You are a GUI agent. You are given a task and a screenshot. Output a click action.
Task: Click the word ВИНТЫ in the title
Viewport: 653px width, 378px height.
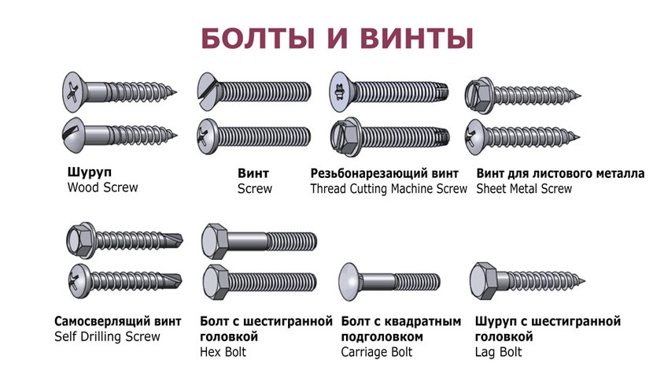416,39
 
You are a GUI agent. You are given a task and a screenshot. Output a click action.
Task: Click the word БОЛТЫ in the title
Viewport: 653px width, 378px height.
258,39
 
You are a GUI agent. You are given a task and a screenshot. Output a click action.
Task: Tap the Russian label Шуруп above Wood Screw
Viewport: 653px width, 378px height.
89,172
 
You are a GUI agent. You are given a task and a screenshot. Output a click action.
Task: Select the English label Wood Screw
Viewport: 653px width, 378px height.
102,187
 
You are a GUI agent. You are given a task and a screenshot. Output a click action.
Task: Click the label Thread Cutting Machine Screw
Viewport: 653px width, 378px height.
389,189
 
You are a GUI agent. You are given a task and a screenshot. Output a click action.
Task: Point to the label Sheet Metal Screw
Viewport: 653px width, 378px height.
524,189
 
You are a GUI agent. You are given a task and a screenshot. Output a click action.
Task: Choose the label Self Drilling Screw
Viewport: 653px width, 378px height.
107,336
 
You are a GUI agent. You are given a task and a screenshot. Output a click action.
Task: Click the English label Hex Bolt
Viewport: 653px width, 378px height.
223,352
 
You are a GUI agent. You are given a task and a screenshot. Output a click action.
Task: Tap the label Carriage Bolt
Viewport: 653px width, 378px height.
377,352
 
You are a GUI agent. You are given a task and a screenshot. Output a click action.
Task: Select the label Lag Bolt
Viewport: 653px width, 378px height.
498,352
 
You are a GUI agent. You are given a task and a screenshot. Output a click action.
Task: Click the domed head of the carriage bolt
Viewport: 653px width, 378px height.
349,282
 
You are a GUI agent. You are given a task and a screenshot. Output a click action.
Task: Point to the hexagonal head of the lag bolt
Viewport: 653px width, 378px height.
483,281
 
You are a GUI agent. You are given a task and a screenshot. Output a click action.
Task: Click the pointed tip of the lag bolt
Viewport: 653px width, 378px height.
585,281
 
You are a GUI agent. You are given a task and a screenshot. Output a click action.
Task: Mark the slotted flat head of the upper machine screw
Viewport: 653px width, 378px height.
208,91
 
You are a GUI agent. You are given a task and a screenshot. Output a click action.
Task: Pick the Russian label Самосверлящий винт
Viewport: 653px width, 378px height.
118,321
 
